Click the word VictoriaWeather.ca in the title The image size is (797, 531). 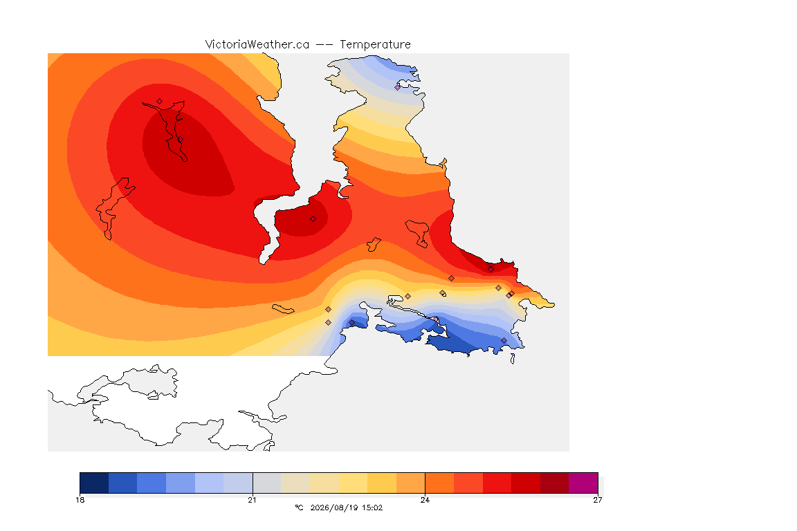click(x=257, y=45)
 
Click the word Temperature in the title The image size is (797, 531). click(x=375, y=45)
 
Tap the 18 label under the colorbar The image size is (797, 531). click(x=80, y=500)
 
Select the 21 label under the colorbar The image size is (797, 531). click(x=252, y=500)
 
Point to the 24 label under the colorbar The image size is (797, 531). click(x=425, y=500)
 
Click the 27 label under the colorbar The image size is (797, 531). click(x=597, y=500)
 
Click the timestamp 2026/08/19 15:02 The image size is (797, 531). click(x=346, y=507)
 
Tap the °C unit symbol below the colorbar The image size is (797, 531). click(x=299, y=507)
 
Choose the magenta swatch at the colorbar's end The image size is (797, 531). click(x=583, y=483)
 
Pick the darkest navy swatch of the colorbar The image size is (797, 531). click(x=94, y=483)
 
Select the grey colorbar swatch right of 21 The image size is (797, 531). click(x=267, y=483)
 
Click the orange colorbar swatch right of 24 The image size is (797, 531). click(x=440, y=483)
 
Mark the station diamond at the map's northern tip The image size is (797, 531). click(x=398, y=87)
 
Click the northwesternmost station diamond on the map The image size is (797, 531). click(x=160, y=101)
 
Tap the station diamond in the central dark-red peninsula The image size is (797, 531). click(x=313, y=219)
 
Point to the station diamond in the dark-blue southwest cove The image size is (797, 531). click(x=351, y=323)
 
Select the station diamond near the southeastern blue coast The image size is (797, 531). click(x=504, y=340)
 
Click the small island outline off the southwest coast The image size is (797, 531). click(x=283, y=309)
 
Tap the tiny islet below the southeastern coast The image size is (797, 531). click(x=513, y=359)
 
